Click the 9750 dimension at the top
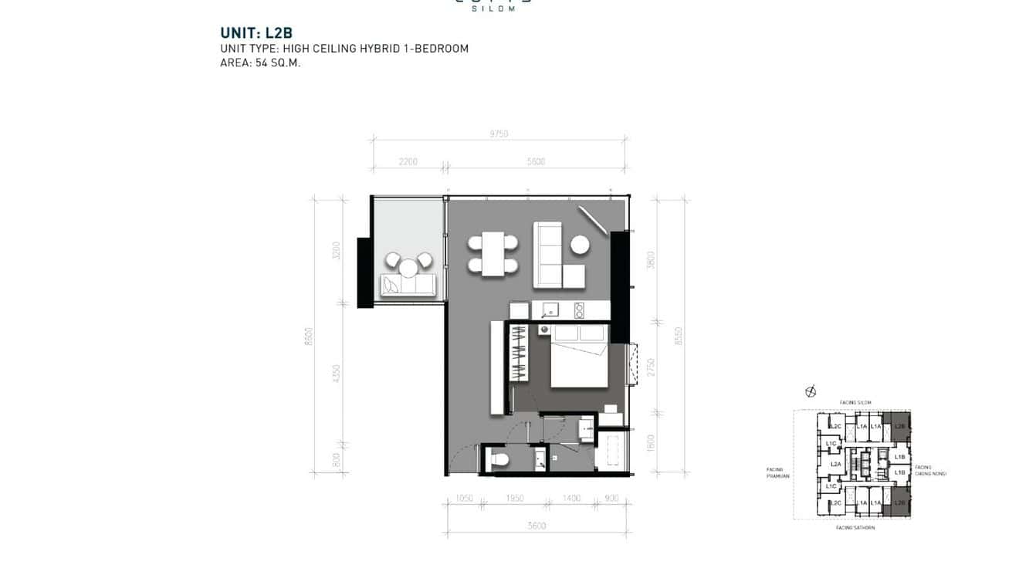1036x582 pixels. tap(498, 134)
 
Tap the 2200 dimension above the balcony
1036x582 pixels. tap(408, 162)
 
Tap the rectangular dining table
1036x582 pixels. tap(493, 253)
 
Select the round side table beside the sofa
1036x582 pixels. tap(581, 245)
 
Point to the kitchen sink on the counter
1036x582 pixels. tap(551, 310)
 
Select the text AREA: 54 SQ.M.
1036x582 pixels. tap(260, 63)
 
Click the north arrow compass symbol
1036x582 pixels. tap(810, 391)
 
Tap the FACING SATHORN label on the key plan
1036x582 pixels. tap(855, 527)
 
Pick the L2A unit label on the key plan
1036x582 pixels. tap(835, 464)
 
